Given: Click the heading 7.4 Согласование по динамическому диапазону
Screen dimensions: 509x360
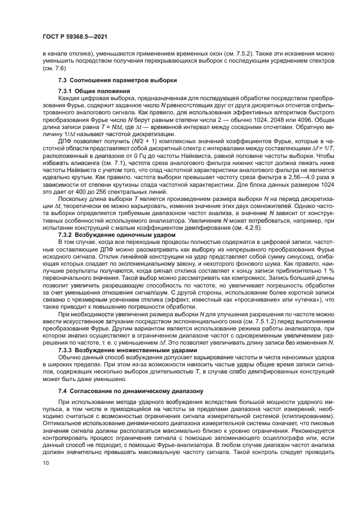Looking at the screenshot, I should (123, 391).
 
